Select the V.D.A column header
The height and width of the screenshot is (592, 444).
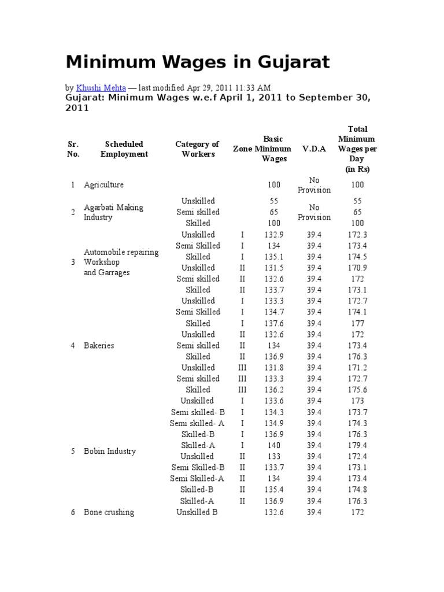click(314, 149)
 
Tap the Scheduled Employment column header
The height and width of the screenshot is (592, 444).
click(124, 149)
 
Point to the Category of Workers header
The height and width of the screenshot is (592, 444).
click(198, 149)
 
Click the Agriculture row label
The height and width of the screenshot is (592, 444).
click(103, 185)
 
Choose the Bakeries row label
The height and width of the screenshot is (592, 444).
click(99, 345)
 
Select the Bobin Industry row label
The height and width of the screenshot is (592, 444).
click(109, 451)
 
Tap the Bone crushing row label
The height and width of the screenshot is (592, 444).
click(109, 512)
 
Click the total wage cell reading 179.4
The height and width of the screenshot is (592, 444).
click(357, 445)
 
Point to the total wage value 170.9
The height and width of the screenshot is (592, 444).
click(357, 268)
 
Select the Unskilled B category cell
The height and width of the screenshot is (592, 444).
click(198, 512)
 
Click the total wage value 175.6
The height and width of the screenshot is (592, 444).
click(357, 390)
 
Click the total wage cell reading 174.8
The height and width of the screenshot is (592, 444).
click(357, 490)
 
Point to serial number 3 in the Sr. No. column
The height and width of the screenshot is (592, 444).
click(73, 262)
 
